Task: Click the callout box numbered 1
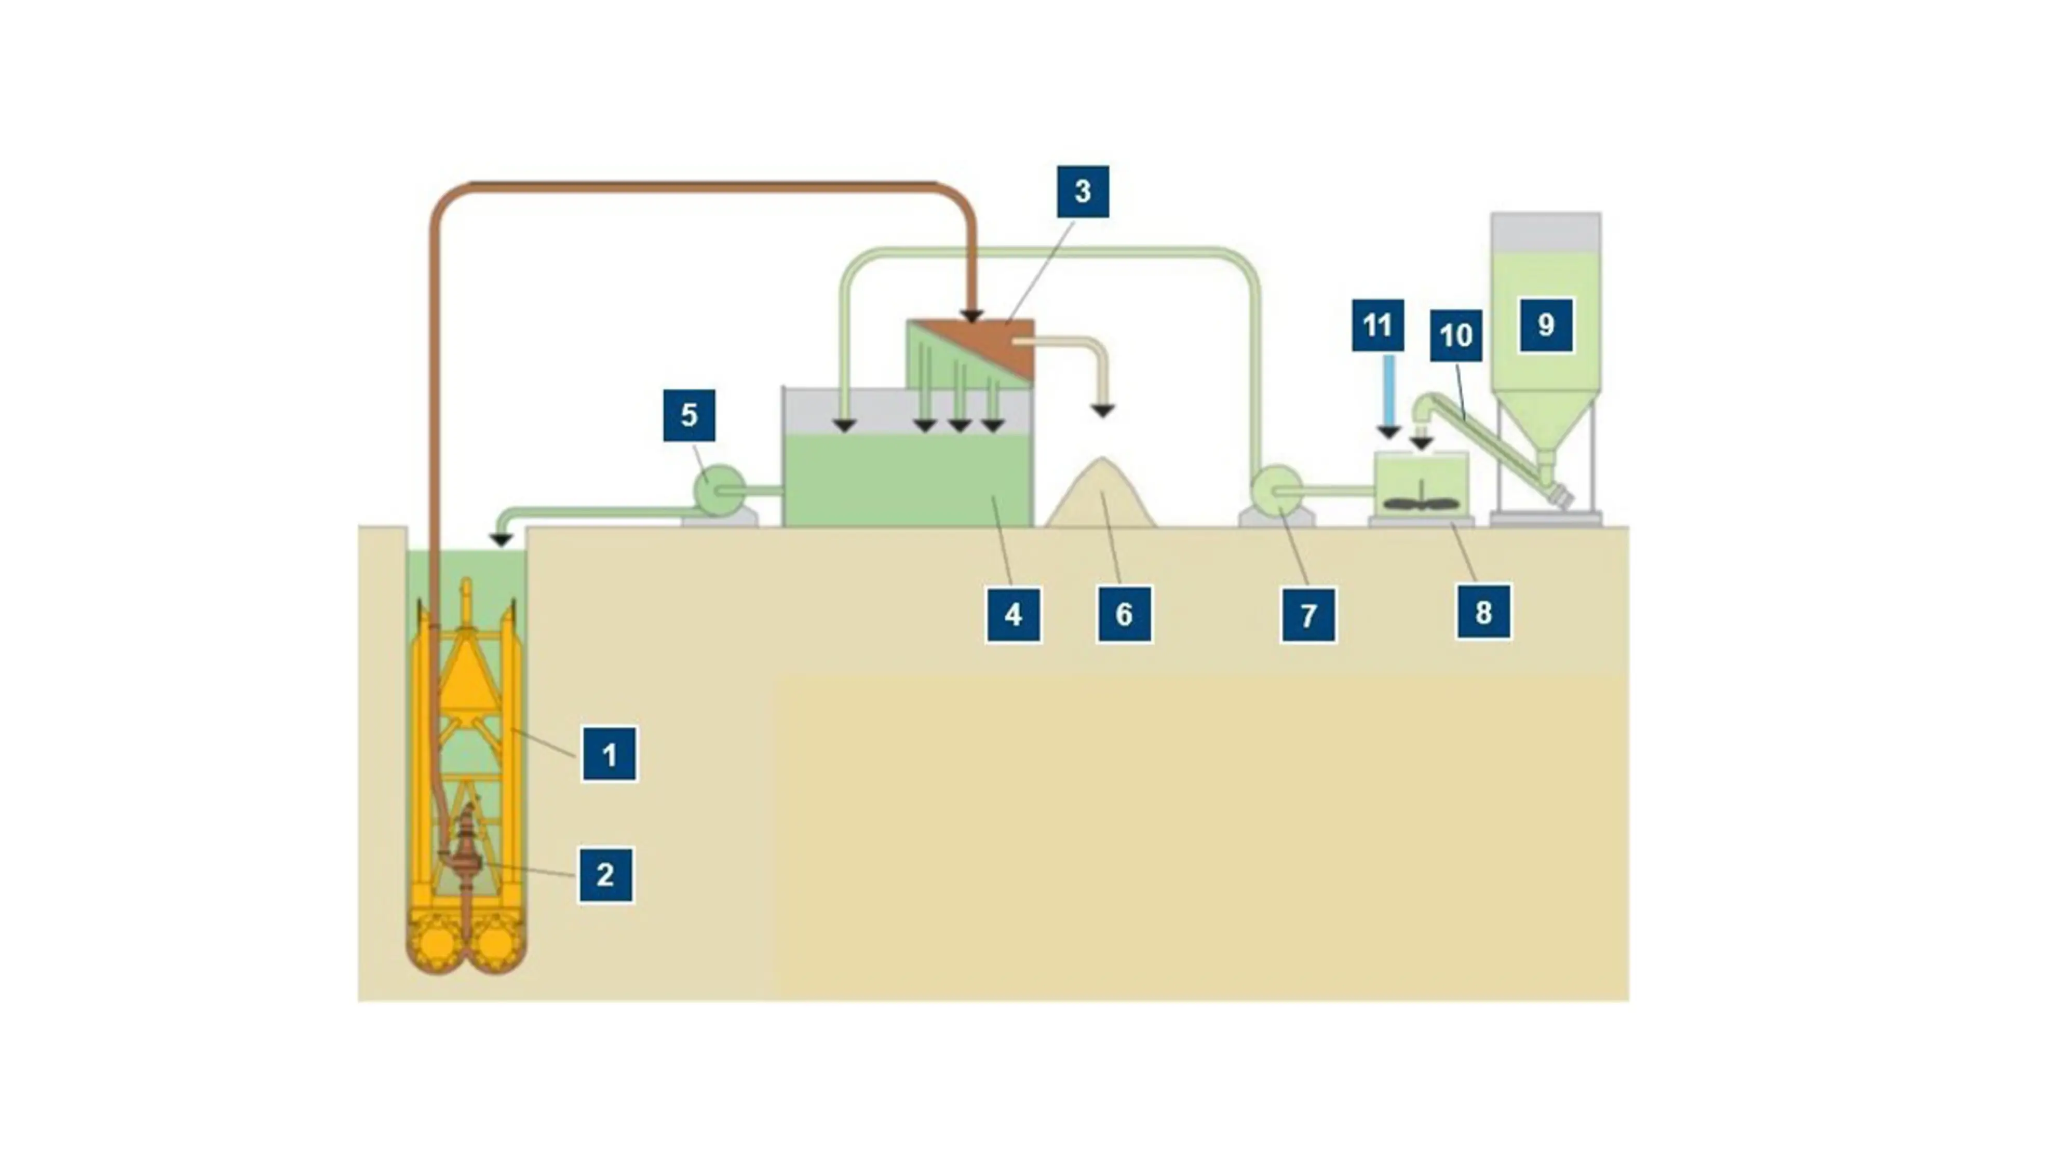610,753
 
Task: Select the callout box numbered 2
605,875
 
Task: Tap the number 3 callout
1083,191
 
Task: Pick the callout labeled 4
1013,614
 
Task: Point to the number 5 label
689,415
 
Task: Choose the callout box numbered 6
1124,614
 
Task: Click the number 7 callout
1308,615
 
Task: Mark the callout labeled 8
1483,612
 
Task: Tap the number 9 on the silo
1545,325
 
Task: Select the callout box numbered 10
1456,335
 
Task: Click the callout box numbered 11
1378,325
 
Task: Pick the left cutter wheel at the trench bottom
437,943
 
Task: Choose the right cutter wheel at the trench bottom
495,943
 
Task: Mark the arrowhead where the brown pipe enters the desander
971,317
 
